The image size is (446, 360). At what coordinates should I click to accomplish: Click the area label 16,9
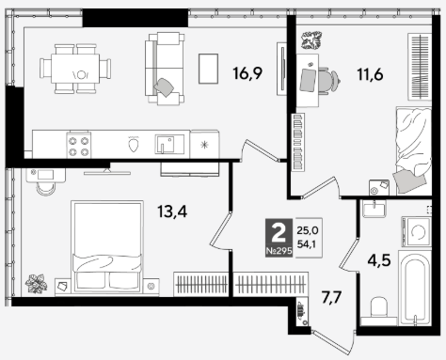(247, 73)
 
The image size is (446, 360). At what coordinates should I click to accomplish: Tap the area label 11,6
(370, 75)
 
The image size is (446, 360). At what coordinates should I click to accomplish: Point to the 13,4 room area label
(172, 211)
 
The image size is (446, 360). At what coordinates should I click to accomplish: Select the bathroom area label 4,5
(379, 260)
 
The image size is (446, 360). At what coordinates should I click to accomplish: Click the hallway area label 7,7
(331, 297)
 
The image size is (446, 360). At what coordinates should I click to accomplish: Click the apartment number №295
(279, 251)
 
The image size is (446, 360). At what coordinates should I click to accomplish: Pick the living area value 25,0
(308, 230)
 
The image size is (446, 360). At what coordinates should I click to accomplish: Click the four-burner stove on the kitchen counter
(79, 145)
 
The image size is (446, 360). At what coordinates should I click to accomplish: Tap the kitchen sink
(169, 144)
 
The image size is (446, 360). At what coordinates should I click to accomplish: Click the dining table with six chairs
(75, 69)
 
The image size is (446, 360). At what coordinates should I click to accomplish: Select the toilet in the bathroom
(379, 307)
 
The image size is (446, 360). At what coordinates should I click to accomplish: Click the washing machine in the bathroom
(416, 232)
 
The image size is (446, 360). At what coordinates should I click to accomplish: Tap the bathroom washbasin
(374, 208)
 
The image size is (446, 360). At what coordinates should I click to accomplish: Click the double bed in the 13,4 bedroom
(107, 246)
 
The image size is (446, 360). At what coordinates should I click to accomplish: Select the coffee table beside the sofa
(208, 69)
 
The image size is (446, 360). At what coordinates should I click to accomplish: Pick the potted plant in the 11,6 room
(311, 39)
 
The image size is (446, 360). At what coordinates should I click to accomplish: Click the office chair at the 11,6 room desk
(330, 81)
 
